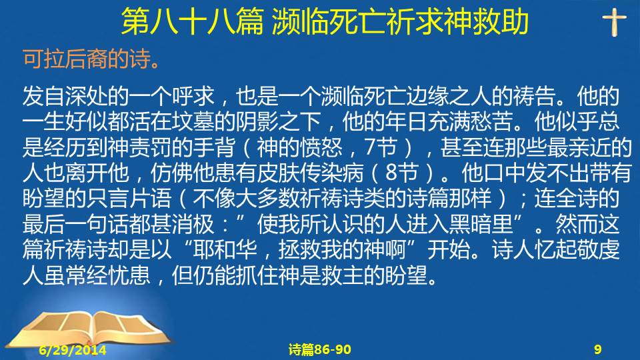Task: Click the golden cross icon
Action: tap(614, 23)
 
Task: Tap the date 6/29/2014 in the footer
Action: tap(73, 350)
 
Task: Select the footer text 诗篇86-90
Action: tap(319, 349)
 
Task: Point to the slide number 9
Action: tap(597, 349)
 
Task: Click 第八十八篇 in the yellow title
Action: tap(192, 22)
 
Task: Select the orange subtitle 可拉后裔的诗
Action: tap(87, 59)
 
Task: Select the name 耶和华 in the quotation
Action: tap(225, 249)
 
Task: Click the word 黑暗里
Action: tap(481, 224)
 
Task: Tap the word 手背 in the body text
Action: tap(214, 147)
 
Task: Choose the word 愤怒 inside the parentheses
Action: tap(321, 147)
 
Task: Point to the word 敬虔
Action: tap(599, 249)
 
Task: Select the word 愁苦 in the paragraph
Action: tap(491, 121)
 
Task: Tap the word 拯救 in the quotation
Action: tap(300, 249)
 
